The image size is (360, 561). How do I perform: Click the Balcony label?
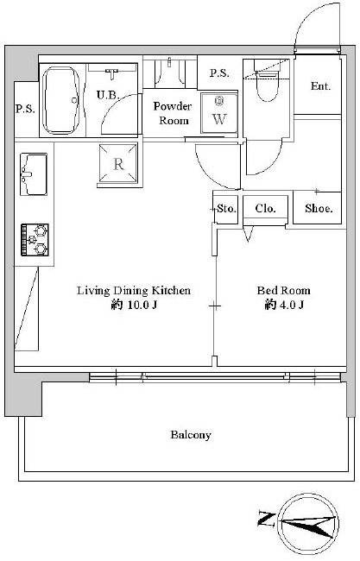191,435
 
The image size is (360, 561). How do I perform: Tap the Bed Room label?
283,290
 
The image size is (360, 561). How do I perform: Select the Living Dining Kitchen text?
134,291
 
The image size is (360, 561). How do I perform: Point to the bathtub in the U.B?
60,100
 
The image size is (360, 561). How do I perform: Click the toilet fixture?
267,80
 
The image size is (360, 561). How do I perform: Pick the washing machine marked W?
219,113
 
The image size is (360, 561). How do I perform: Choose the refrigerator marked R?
118,163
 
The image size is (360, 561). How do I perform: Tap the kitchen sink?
34,174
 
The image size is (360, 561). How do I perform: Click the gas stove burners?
35,240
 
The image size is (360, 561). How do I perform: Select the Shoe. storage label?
319,209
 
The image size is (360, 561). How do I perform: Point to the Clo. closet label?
266,208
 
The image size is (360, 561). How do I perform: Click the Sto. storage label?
226,208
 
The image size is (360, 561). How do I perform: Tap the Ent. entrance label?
320,86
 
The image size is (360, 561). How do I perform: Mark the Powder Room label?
173,113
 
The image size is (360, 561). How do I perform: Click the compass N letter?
265,520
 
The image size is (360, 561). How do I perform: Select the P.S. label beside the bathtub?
25,109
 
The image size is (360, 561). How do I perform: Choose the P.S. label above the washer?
219,73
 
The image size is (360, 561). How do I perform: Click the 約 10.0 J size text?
134,306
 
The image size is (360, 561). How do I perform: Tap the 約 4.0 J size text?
284,306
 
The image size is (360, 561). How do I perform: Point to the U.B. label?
108,95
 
